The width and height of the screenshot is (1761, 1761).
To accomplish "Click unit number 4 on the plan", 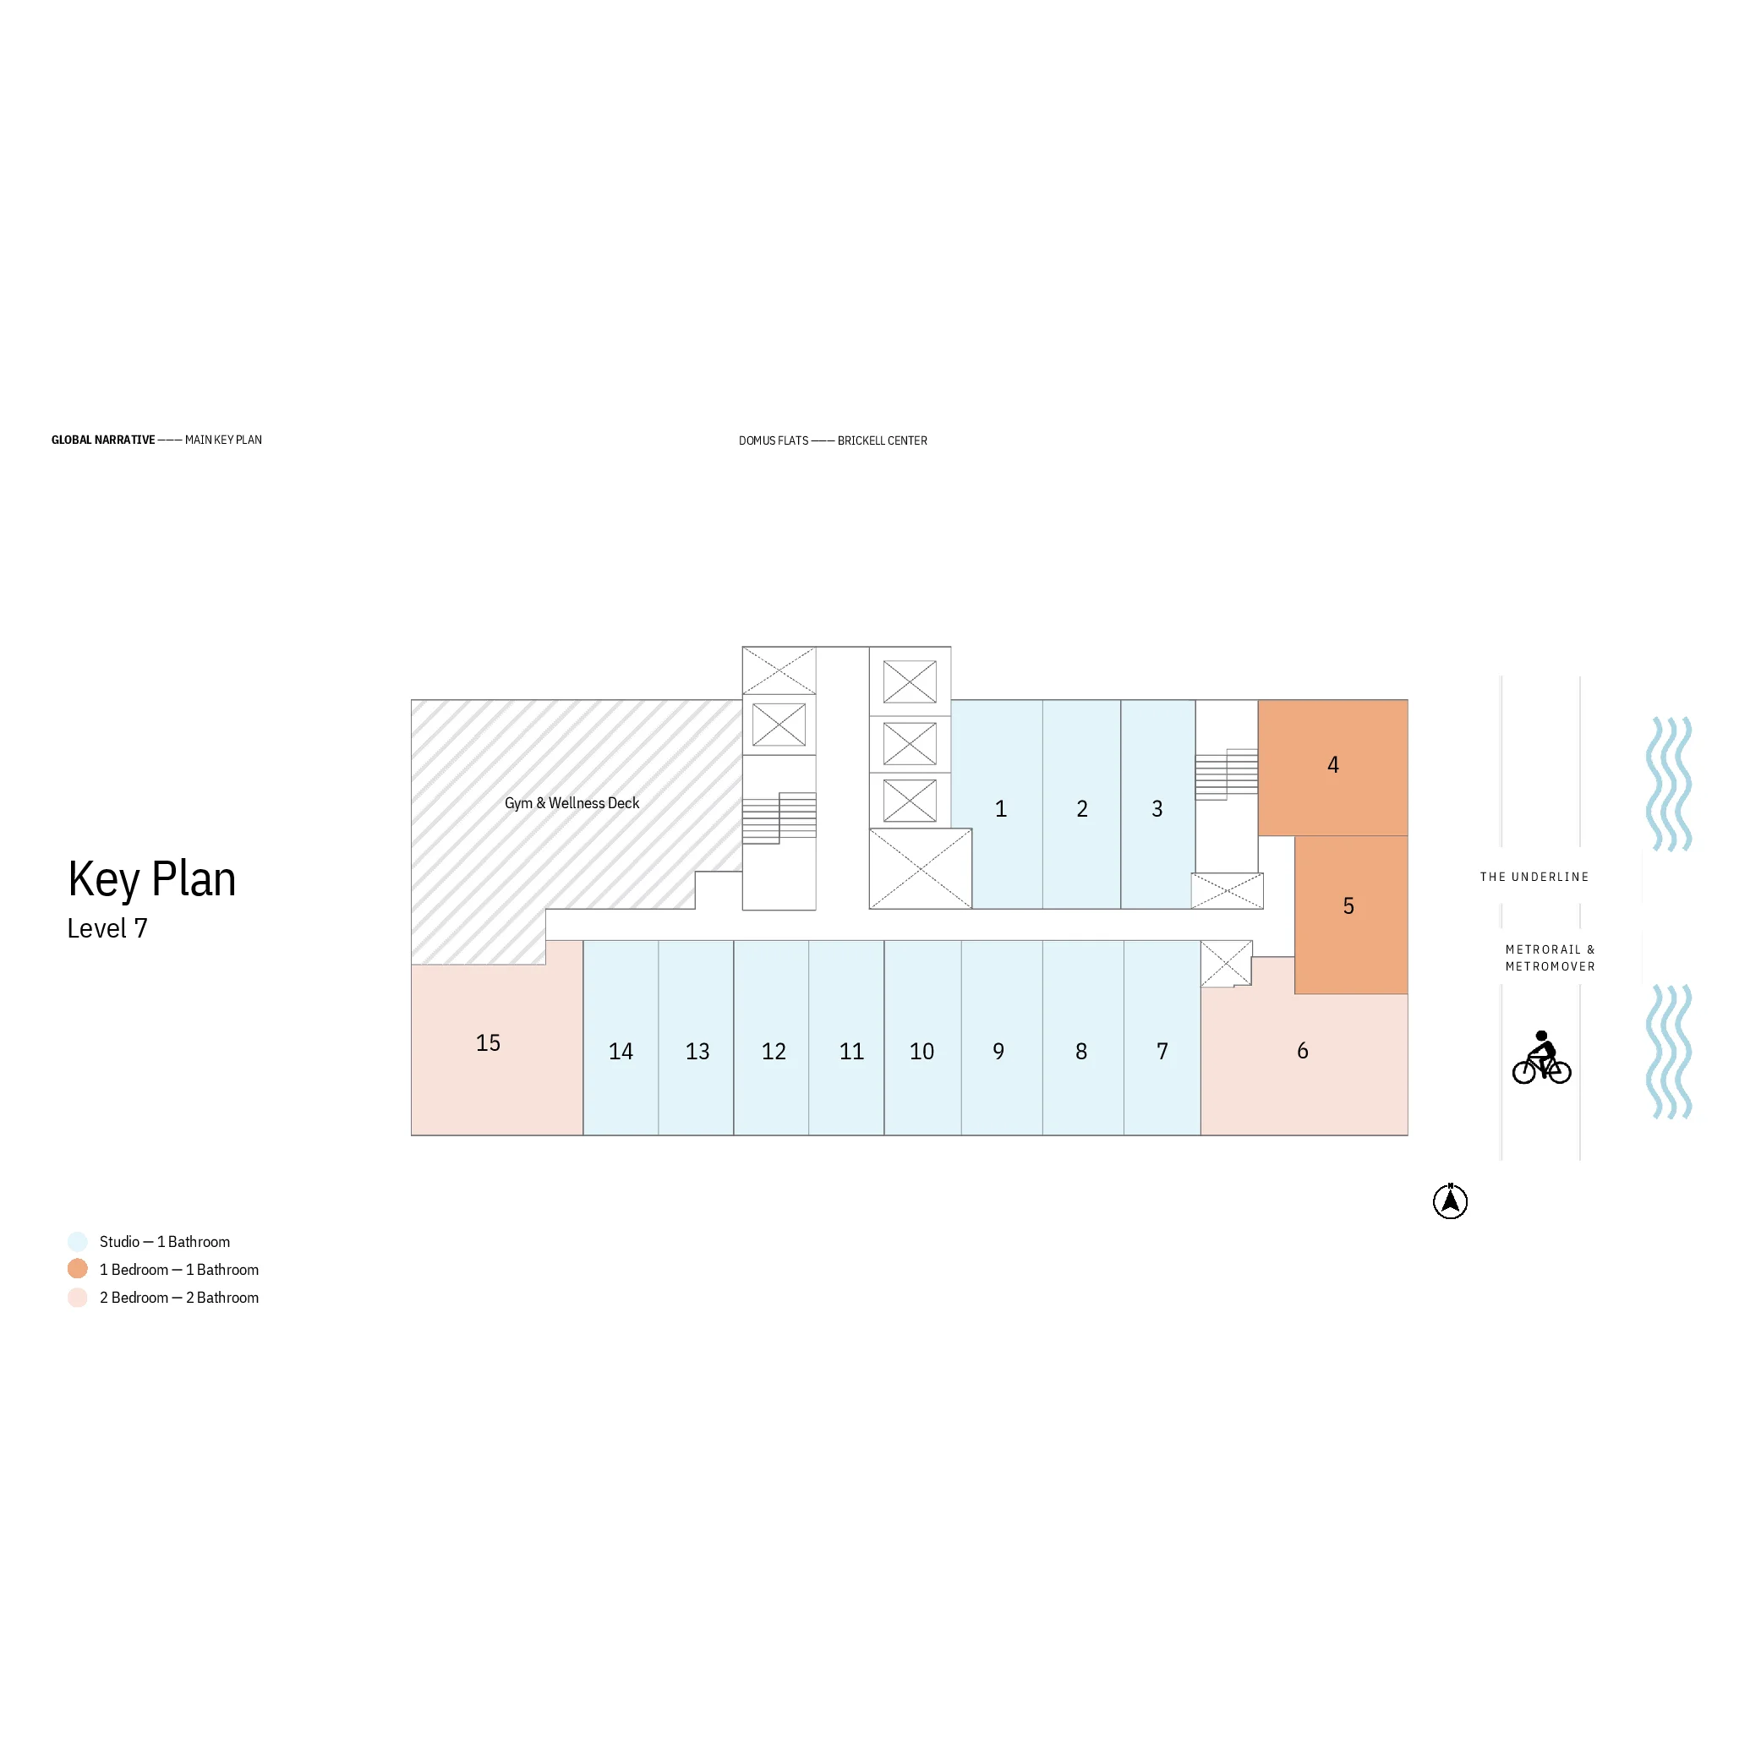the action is coord(1332,765).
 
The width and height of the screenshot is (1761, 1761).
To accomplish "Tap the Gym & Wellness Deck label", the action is coord(572,803).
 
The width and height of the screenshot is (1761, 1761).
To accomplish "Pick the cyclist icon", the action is coord(1541,1058).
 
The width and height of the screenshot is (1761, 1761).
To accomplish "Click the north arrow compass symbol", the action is coord(1450,1201).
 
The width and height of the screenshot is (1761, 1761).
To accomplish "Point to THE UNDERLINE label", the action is coord(1534,877).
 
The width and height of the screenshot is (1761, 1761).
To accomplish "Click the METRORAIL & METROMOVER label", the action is coord(1550,958).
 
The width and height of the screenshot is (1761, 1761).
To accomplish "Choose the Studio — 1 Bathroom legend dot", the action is coord(78,1241).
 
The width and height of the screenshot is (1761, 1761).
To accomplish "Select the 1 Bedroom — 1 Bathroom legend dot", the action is coord(78,1269).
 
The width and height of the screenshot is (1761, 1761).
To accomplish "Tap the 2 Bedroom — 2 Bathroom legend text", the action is coord(178,1297).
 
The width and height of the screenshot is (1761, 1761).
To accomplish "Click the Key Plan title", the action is coord(152,878).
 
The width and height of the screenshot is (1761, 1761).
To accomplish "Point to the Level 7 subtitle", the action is coord(107,928).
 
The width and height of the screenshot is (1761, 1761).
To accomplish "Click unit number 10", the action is coord(922,1051).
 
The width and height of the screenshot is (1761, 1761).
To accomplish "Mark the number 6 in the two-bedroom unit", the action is coord(1303,1051).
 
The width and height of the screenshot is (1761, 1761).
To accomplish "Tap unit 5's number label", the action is coord(1349,906).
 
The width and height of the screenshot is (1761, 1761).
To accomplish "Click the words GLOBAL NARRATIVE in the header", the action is coord(103,440).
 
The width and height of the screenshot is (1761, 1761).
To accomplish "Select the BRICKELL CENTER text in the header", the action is coord(883,440).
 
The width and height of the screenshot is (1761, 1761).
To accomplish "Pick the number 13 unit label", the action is coord(697,1051).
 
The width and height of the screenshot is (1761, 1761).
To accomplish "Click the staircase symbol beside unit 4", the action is coord(1227,774).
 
